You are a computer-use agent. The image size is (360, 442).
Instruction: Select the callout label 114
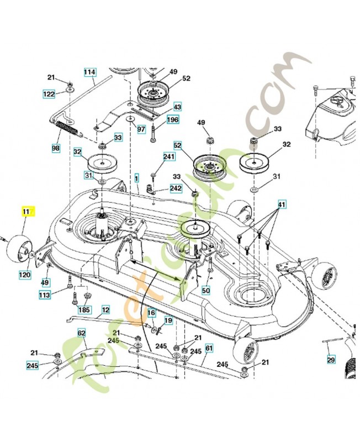[x=90, y=72]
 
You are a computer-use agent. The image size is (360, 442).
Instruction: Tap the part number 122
[x=50, y=94]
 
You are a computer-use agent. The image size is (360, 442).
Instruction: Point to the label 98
[x=56, y=149]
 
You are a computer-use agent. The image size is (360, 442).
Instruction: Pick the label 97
[x=141, y=129]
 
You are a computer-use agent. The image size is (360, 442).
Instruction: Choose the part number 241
[x=168, y=157]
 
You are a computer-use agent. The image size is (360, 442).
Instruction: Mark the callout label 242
[x=176, y=188]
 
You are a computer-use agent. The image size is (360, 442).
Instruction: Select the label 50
[x=206, y=290]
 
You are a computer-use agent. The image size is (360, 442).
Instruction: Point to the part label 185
[x=84, y=311]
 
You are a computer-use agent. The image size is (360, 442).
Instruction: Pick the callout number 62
[x=81, y=333]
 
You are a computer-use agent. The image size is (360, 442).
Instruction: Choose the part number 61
[x=209, y=348]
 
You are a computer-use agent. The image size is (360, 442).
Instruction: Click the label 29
[x=331, y=360]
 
